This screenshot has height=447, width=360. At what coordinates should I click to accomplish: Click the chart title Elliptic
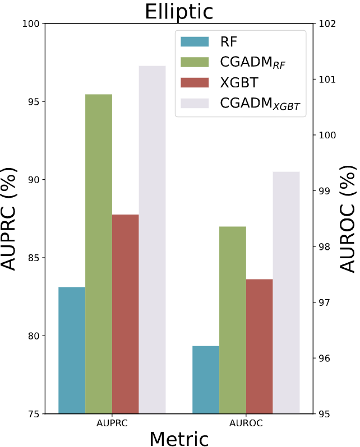(x=179, y=11)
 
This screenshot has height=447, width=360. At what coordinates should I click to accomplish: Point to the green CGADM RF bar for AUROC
(x=233, y=320)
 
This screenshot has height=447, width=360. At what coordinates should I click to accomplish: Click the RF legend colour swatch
(x=194, y=41)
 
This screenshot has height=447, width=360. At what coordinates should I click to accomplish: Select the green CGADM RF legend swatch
(x=194, y=62)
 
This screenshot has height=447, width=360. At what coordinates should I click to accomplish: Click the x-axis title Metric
(x=179, y=439)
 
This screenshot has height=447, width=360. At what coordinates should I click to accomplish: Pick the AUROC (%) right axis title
(x=348, y=218)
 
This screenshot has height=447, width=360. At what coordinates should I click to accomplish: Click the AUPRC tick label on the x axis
(x=112, y=423)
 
